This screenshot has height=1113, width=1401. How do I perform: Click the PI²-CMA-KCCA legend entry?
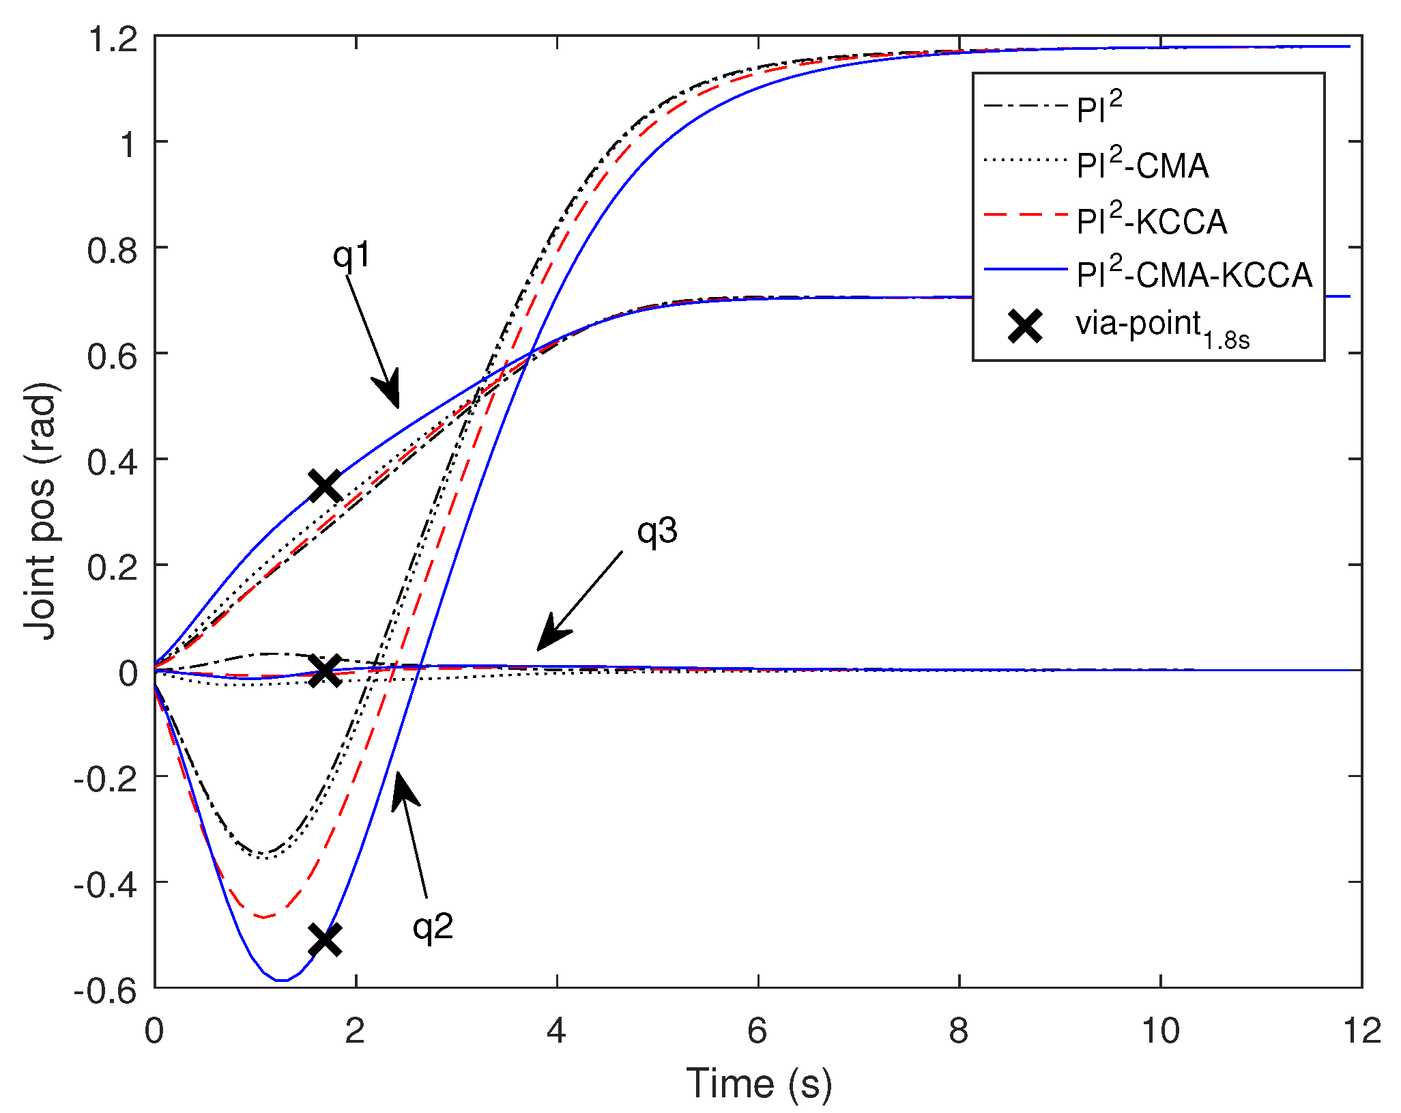point(1194,275)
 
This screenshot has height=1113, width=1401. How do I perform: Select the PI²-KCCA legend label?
point(1152,221)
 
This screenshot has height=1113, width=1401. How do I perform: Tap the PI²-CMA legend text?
point(1142,166)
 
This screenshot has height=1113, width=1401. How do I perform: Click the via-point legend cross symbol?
point(1025,326)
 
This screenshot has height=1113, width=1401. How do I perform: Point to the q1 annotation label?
point(351,255)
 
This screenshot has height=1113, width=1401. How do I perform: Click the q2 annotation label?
point(433,927)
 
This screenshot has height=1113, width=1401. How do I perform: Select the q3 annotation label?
point(657,531)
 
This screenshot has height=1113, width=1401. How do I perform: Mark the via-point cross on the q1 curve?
point(325,486)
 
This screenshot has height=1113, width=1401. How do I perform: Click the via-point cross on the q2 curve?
point(325,940)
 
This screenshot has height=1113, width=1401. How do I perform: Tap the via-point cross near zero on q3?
point(325,670)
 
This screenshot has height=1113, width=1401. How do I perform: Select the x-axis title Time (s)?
point(758,1084)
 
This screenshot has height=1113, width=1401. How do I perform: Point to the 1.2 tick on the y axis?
point(113,40)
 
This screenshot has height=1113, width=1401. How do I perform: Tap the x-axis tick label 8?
point(958,1031)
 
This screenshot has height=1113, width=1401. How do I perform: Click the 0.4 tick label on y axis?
point(113,462)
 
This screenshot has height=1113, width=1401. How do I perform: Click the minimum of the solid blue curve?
point(280,981)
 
